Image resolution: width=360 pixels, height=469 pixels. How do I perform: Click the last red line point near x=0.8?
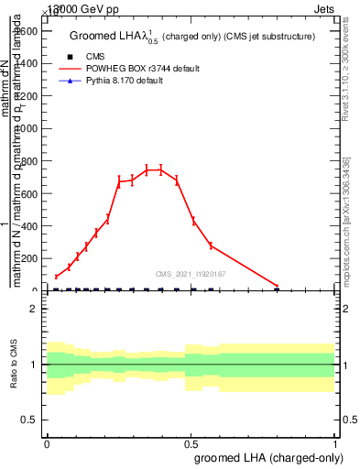[278, 287]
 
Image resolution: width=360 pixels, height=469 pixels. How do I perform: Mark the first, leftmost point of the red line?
[56, 277]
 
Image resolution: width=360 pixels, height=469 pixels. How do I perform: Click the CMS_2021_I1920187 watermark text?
[191, 273]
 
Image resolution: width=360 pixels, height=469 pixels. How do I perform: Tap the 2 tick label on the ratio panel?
[34, 309]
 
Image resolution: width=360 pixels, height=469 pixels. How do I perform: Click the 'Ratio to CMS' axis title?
[13, 365]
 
